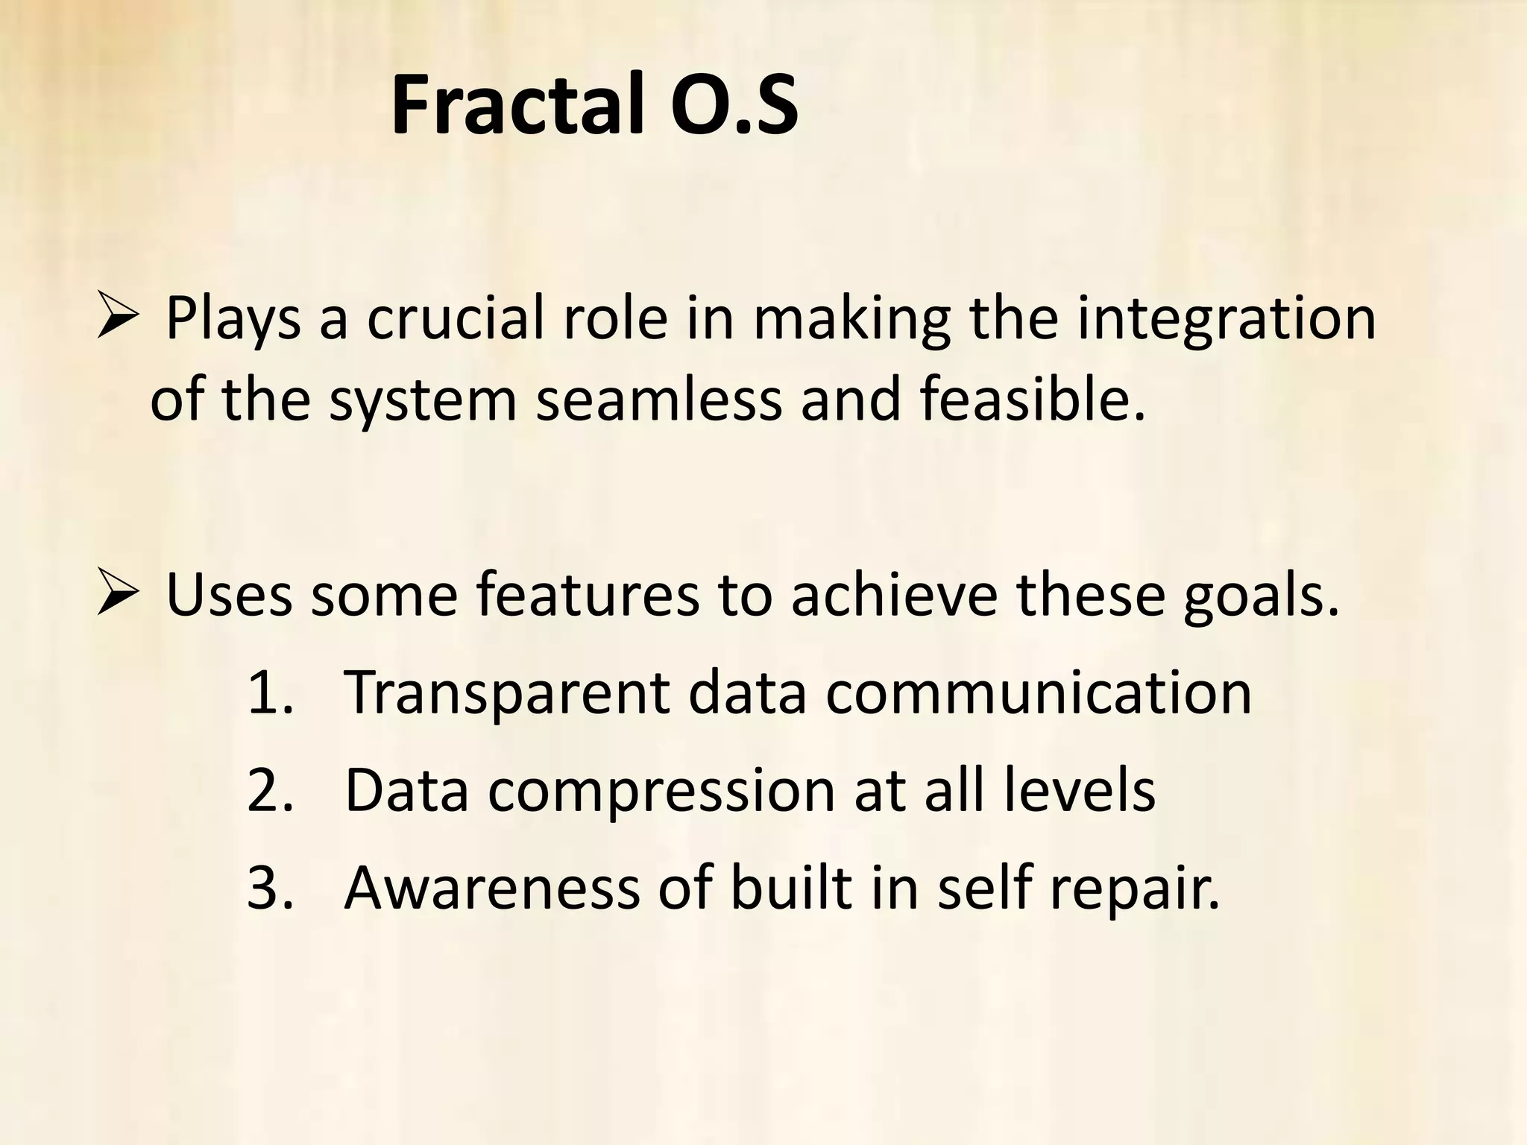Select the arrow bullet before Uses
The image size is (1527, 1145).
[118, 595]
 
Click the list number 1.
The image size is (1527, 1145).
[268, 693]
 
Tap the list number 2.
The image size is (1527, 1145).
[268, 790]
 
